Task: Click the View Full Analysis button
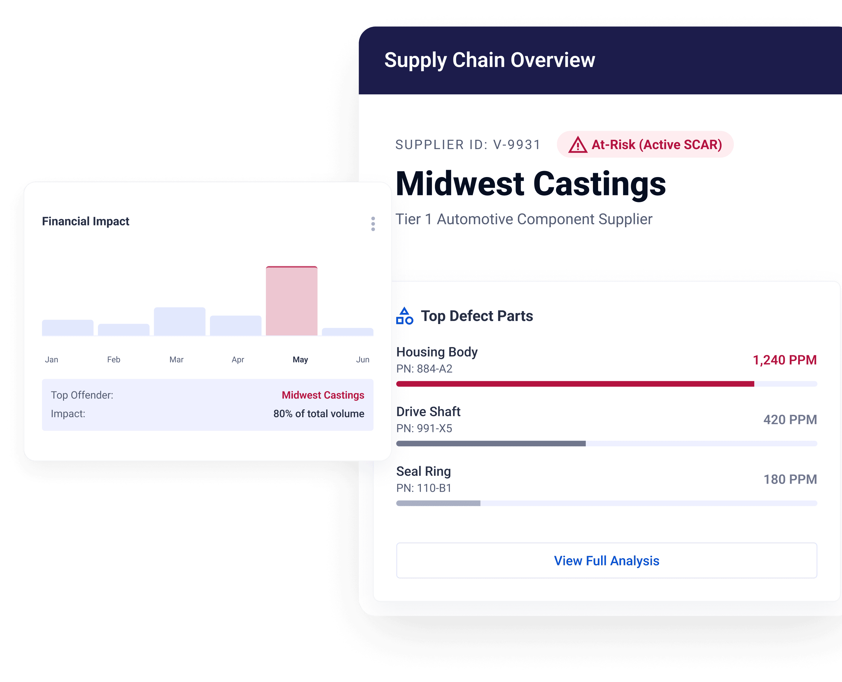[x=606, y=561]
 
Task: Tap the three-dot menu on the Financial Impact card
[x=373, y=224]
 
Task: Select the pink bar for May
[x=292, y=301]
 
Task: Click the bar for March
[x=180, y=321]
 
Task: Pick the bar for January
[x=68, y=328]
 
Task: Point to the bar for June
[x=347, y=332]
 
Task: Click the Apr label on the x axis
[x=238, y=360]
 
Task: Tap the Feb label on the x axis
[x=114, y=359]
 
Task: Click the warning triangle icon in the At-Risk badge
[x=578, y=145]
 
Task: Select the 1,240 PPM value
[x=785, y=360]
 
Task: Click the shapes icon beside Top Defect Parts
[x=405, y=316]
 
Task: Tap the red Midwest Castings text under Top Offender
[x=323, y=395]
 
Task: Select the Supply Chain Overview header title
[x=490, y=60]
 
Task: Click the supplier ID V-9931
[x=517, y=145]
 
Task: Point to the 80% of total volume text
[x=319, y=414]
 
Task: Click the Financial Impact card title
[x=86, y=222]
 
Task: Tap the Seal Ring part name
[x=424, y=471]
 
